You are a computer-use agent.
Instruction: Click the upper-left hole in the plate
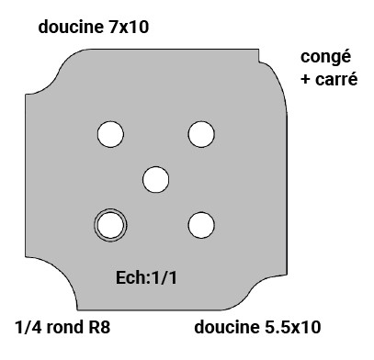(x=110, y=135)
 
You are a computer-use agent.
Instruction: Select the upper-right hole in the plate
(x=201, y=135)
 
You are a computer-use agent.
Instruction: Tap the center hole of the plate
(x=156, y=178)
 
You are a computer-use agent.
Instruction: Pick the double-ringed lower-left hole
(x=110, y=223)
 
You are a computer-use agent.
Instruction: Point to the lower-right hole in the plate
(x=201, y=223)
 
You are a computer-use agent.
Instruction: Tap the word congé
(x=326, y=57)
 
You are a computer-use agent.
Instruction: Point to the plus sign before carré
(x=306, y=80)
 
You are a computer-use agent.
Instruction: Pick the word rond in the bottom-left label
(x=67, y=327)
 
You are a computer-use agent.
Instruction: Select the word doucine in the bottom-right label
(x=225, y=327)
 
